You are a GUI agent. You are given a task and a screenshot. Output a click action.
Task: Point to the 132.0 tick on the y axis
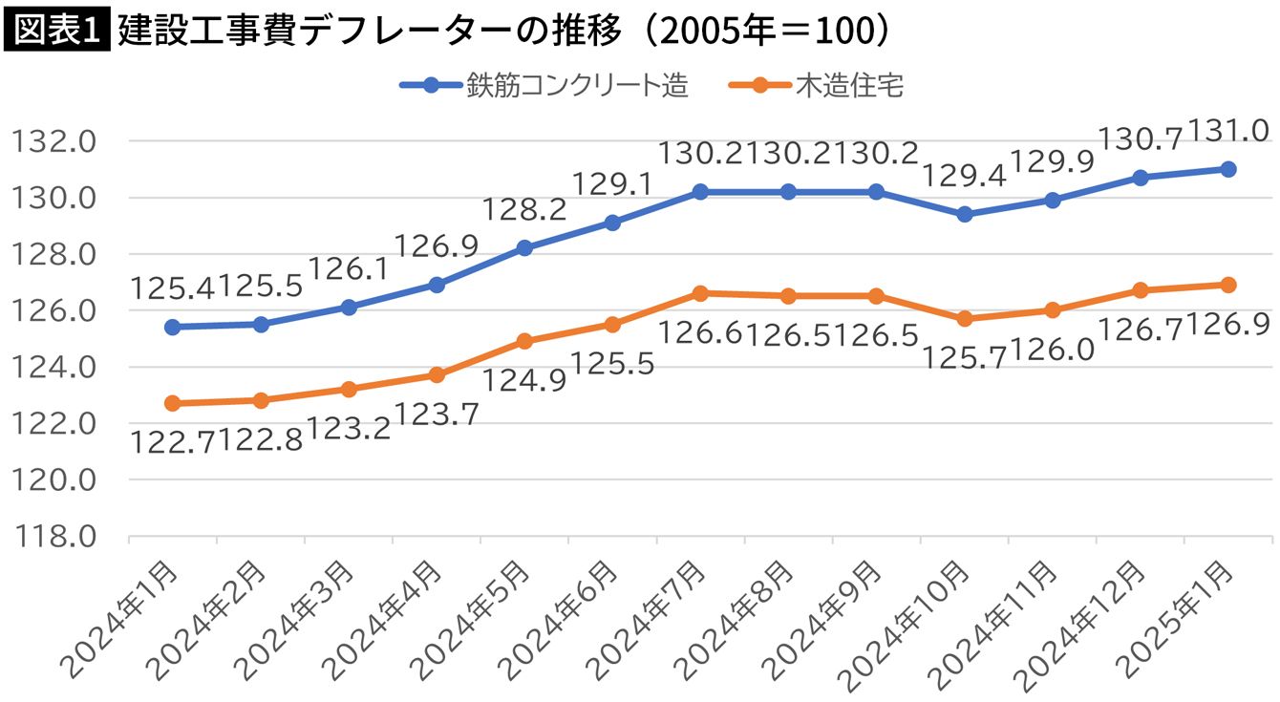pos(54,141)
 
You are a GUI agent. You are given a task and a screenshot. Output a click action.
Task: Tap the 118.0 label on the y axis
pos(54,537)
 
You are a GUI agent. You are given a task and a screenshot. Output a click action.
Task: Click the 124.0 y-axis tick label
pos(54,368)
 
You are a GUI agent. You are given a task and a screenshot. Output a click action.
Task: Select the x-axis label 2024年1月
pos(124,621)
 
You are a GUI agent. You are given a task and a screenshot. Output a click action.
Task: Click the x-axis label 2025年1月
pos(1181,621)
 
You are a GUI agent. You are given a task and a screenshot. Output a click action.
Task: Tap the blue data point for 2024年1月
pos(173,327)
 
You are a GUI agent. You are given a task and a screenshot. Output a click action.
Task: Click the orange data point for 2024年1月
pos(173,403)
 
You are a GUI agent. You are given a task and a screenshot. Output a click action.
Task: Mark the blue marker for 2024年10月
pos(965,214)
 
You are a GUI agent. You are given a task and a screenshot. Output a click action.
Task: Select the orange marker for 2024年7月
pos(700,293)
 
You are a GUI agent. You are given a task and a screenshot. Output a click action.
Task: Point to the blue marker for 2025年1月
pos(1228,169)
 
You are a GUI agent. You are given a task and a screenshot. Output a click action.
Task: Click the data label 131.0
pos(1231,131)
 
